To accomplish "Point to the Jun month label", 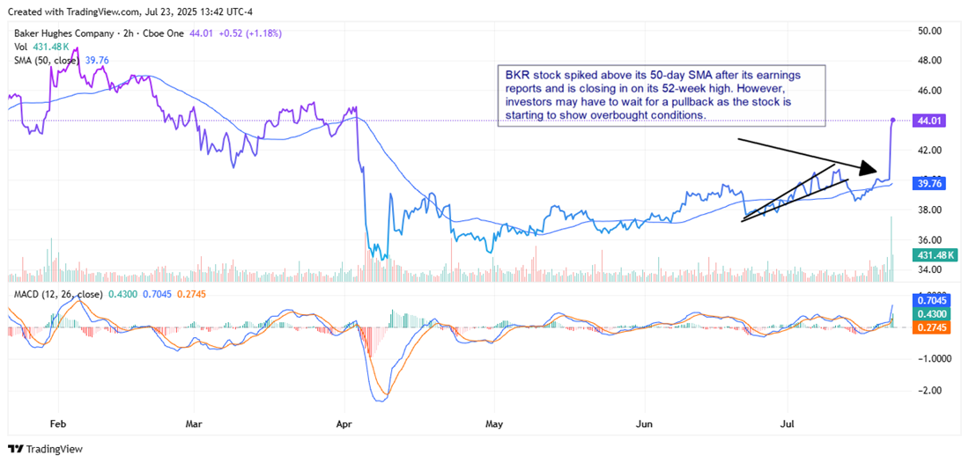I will pos(645,423).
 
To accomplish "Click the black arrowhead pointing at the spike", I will pos(869,168).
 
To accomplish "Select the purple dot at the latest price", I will pos(893,120).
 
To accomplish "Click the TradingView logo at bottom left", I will pos(45,449).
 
